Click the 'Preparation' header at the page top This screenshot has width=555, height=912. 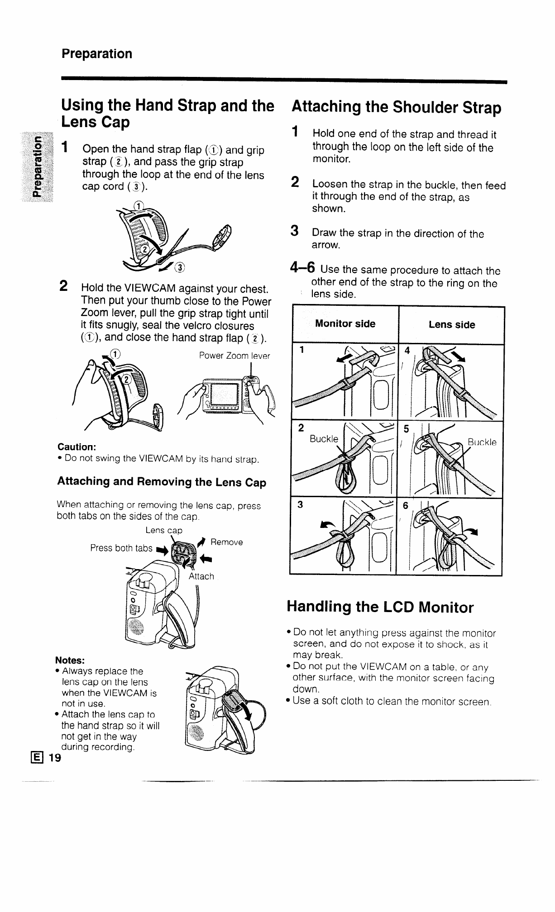pos(97,54)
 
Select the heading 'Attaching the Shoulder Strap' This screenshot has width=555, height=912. pos(397,108)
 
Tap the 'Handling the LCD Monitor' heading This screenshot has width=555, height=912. pos(380,607)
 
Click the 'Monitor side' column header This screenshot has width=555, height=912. pos(345,324)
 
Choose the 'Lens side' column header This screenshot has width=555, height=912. pos(451,325)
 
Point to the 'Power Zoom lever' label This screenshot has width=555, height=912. pos(234,356)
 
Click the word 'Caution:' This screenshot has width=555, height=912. pos(77,447)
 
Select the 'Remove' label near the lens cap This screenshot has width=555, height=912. pos(227,542)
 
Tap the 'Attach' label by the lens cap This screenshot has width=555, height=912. pos(201,576)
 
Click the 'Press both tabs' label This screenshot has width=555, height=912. pos(121,548)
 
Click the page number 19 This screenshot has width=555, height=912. pos(55,758)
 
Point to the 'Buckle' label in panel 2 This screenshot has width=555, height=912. pos(324,439)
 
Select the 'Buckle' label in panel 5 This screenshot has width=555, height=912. pos(482,442)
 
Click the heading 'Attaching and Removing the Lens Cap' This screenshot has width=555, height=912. pos(162,482)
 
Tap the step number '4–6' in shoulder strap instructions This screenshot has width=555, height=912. pos(302,268)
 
